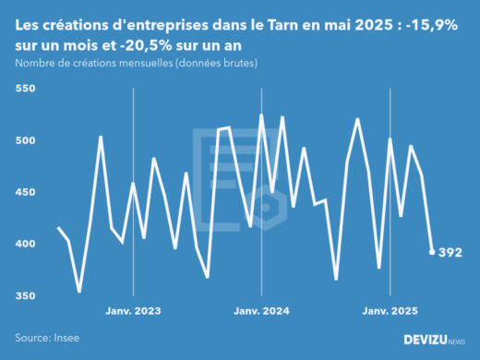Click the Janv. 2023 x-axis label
click(134, 313)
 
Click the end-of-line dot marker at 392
click(432, 251)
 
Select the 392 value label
click(450, 252)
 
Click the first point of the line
click(58, 227)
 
